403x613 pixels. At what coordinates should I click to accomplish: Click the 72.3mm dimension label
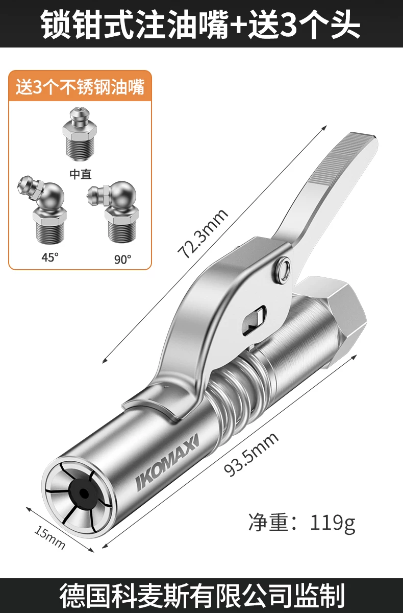pos(203,233)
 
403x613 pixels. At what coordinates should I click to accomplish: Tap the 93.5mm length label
pos(251,455)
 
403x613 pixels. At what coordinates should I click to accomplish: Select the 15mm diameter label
pos(49,538)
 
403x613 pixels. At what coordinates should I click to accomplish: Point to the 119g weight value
pos(333,523)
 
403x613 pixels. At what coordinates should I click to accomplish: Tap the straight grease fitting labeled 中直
pos(79,134)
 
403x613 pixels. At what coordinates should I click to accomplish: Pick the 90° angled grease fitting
pos(114,211)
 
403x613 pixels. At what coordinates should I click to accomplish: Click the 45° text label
pos(50,257)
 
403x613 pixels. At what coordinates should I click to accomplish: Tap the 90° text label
pos(122,259)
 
